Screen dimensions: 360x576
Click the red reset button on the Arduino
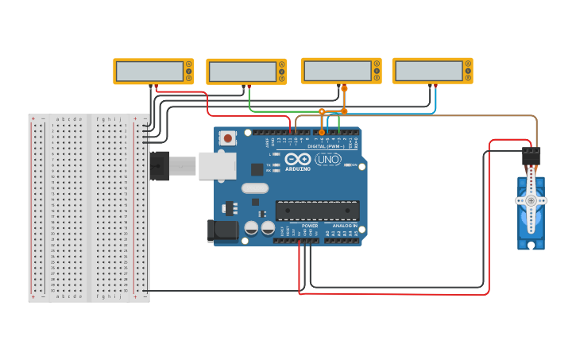coord(229,138)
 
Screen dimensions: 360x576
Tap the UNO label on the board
coord(327,160)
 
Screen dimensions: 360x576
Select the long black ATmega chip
coord(317,211)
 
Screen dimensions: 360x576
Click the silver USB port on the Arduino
coord(216,165)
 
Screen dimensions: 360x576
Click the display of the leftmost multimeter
coord(149,72)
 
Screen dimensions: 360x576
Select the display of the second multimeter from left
coord(242,72)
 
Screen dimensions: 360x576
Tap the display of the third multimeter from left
coord(336,71)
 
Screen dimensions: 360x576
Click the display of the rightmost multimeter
coord(427,71)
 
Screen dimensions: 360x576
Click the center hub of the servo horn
coord(531,201)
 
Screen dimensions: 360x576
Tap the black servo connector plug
coord(531,156)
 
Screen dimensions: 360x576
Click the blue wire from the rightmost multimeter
coord(435,101)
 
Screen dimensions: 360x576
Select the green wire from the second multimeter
coord(249,102)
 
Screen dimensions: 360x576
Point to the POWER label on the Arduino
coord(309,226)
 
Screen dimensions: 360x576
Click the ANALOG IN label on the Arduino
coord(343,226)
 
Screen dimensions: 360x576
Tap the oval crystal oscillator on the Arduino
coord(254,188)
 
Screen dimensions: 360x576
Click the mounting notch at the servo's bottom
coord(531,246)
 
